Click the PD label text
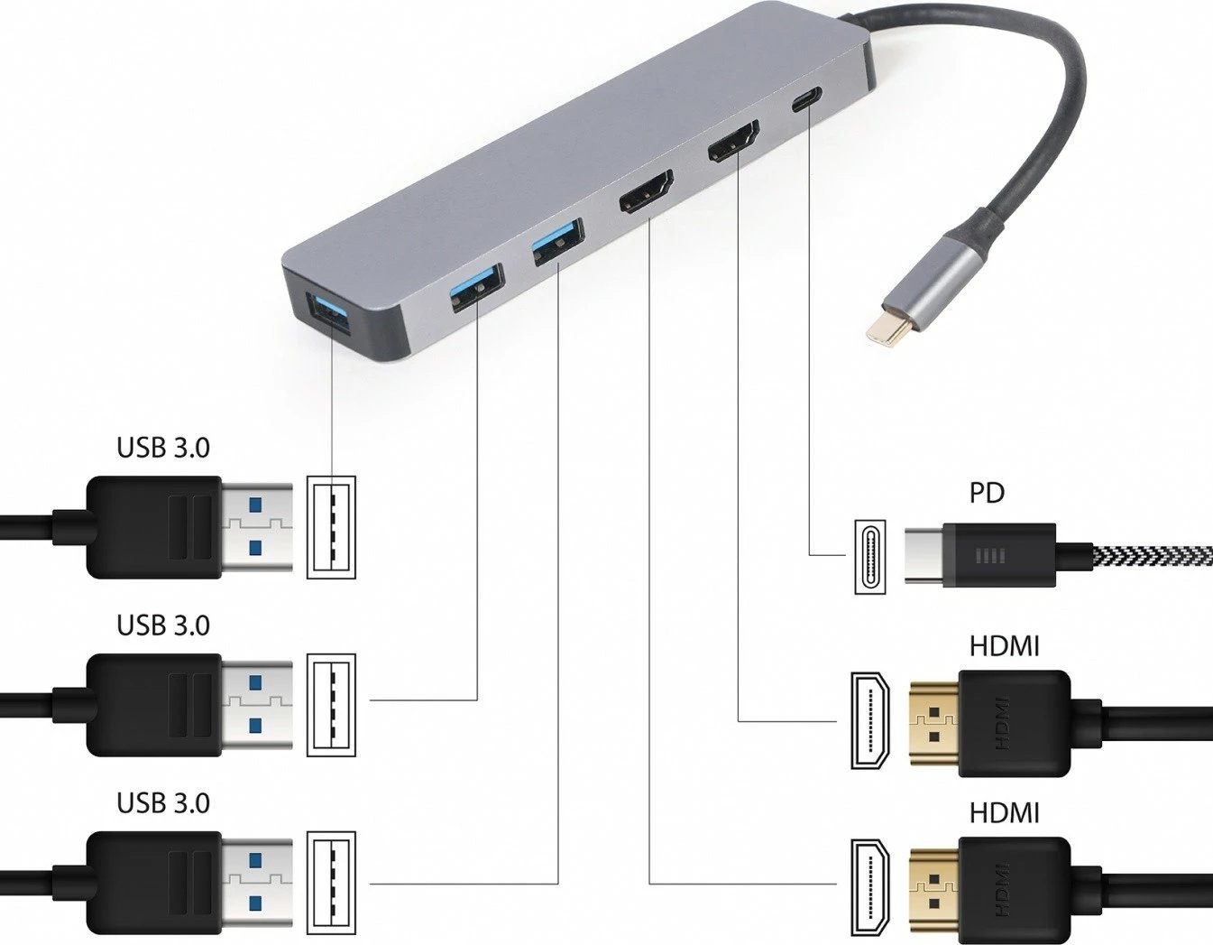tap(987, 493)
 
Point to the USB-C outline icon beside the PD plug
tap(869, 556)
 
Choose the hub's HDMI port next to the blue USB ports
tap(646, 191)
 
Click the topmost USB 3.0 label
tap(162, 448)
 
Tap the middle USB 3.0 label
tap(162, 625)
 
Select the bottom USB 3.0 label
tap(162, 803)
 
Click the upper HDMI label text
tap(1004, 646)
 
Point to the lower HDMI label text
tap(1004, 813)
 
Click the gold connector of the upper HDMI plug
tap(934, 722)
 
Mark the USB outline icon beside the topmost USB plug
tap(331, 527)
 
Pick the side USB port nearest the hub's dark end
tap(476, 285)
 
